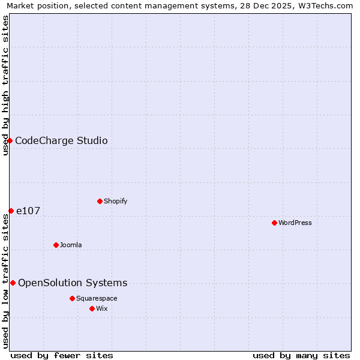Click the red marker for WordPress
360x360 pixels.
[x=274, y=223]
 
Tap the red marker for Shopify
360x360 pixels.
[x=100, y=201]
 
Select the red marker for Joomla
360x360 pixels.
[x=56, y=245]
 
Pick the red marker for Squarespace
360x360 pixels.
[x=72, y=298]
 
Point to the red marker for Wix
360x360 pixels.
[x=92, y=308]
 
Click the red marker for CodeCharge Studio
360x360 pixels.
[x=10, y=140]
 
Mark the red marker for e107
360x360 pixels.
[x=11, y=211]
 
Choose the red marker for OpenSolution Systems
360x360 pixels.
[x=13, y=283]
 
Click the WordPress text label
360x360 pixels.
[x=295, y=223]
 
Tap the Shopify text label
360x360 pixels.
[x=115, y=201]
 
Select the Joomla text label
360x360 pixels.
[x=71, y=245]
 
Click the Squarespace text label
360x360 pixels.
[x=97, y=298]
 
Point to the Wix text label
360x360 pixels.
[x=101, y=308]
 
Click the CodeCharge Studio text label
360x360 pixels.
[x=61, y=140]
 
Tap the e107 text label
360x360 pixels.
[x=28, y=211]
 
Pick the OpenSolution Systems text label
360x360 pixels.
[x=73, y=283]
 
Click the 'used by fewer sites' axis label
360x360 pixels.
[x=62, y=355]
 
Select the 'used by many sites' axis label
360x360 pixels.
[x=301, y=355]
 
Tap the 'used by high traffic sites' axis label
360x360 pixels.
[x=5, y=85]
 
